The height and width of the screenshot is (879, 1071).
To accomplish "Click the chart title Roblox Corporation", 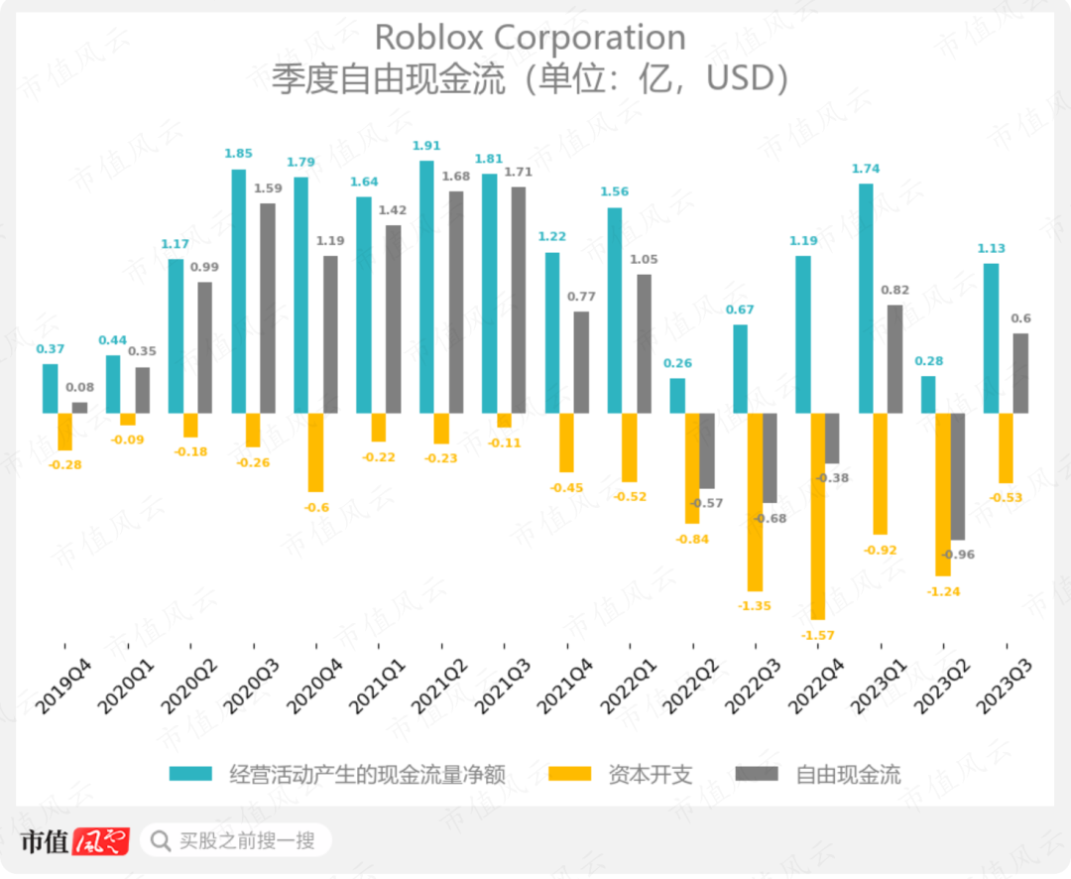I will click(530, 38).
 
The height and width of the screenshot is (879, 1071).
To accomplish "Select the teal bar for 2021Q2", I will click(426, 287).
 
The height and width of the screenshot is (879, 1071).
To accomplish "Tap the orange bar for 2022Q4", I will click(819, 515).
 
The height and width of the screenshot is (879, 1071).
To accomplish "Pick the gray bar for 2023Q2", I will click(958, 476).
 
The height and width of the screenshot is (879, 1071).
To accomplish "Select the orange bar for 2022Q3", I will click(756, 501).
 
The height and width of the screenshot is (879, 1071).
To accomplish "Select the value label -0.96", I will click(958, 555).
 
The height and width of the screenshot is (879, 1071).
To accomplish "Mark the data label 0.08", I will click(79, 388).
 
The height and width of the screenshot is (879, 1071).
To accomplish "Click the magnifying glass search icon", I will click(160, 841).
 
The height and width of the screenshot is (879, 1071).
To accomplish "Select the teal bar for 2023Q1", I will click(866, 298).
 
